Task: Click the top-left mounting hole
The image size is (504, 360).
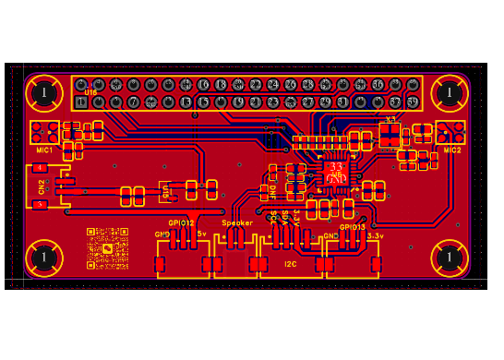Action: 43,92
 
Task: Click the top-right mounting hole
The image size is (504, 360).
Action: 450,92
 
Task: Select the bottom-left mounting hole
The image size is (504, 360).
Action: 43,258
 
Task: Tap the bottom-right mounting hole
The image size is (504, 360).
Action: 450,258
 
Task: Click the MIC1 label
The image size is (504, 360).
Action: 44,150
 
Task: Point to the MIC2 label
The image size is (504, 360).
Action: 451,150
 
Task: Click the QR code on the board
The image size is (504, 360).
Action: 108,247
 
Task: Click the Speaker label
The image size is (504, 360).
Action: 237,223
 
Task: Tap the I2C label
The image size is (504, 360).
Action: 291,265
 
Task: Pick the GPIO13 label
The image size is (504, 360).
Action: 353,227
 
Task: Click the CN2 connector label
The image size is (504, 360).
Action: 42,187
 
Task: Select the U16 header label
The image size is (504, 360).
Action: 91,92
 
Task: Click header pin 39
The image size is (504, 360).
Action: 413,102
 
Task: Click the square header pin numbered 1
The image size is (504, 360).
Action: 81,102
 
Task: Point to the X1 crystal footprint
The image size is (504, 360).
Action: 390,135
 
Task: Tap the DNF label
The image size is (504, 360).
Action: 272,193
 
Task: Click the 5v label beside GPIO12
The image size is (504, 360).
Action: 202,234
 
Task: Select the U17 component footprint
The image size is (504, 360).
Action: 165,192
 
